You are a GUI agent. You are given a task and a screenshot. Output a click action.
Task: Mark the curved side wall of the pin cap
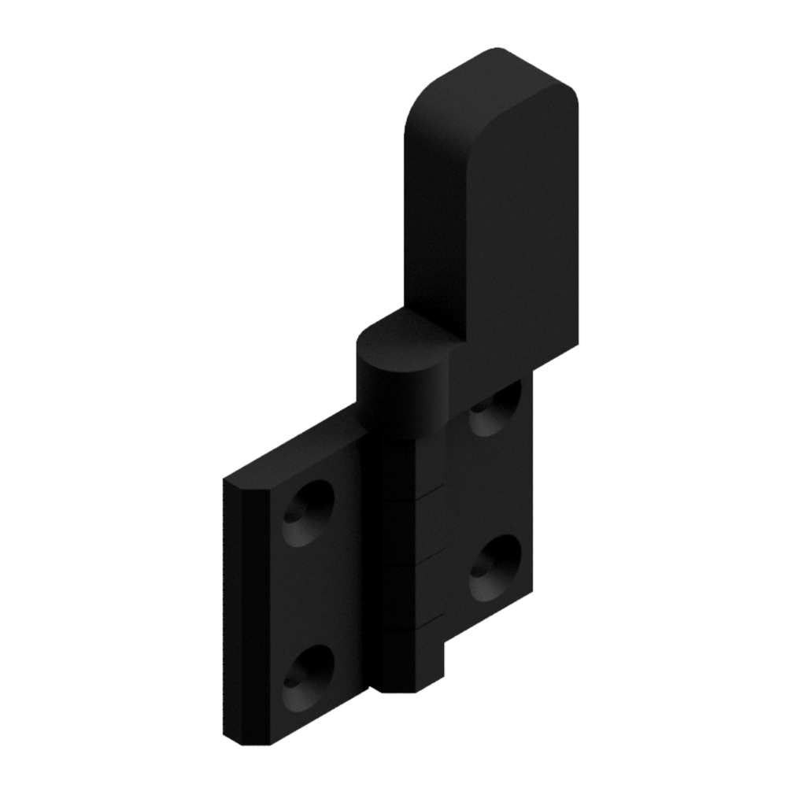397,401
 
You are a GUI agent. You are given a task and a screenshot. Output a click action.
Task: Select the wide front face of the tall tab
519,228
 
